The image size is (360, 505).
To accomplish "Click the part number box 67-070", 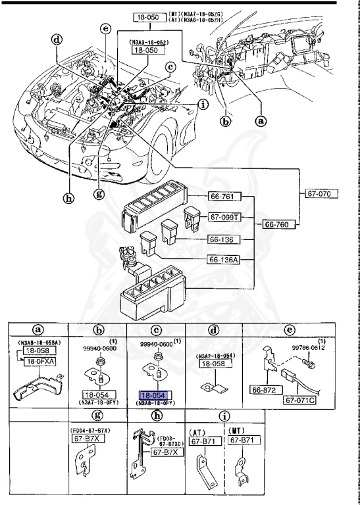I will point(322,194).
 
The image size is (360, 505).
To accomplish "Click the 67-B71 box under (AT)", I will point(202,439).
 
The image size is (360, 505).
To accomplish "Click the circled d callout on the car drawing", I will point(57,39).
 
